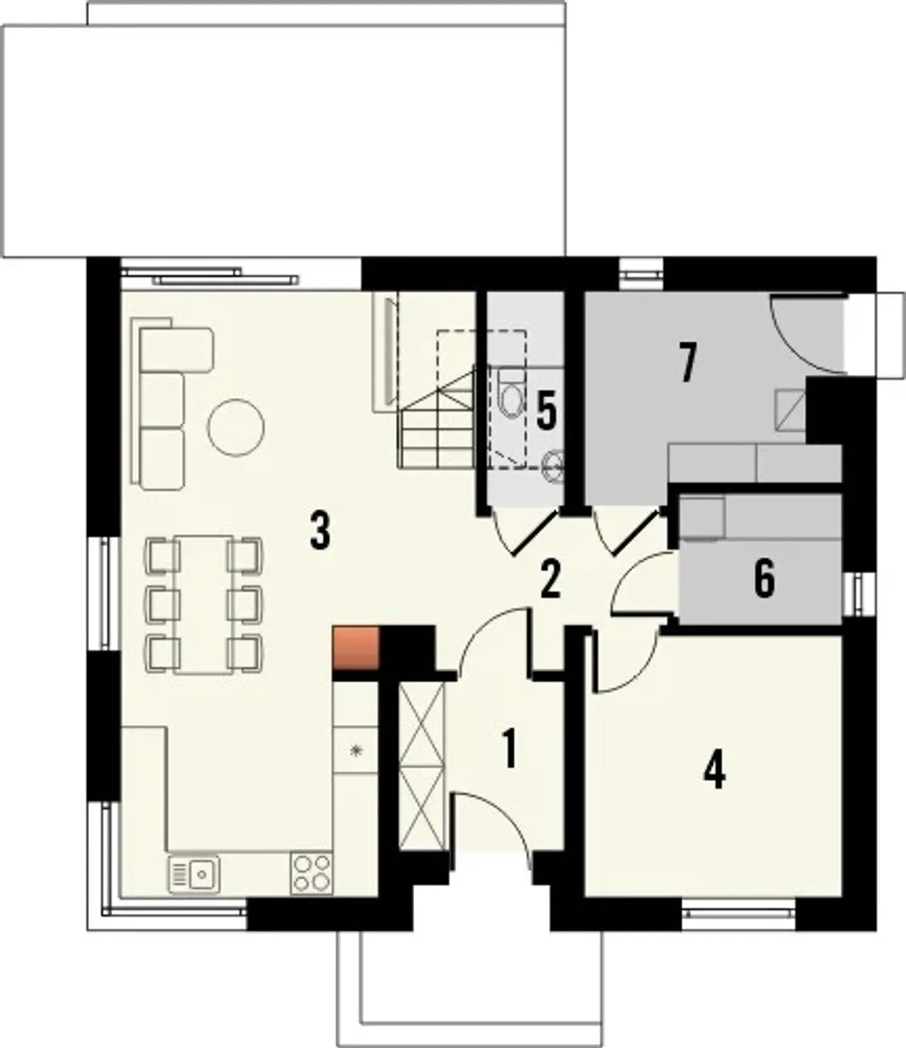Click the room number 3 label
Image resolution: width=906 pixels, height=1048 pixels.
coord(320,531)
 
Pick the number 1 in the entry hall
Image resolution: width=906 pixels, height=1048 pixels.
coord(510,764)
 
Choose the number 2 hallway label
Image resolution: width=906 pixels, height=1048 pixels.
coord(551,579)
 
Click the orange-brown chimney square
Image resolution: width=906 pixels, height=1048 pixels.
coord(356,648)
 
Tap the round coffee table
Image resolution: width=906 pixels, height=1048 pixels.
coord(236,427)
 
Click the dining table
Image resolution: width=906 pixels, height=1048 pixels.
coord(203,604)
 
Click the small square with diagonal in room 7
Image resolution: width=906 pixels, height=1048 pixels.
coord(789,410)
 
